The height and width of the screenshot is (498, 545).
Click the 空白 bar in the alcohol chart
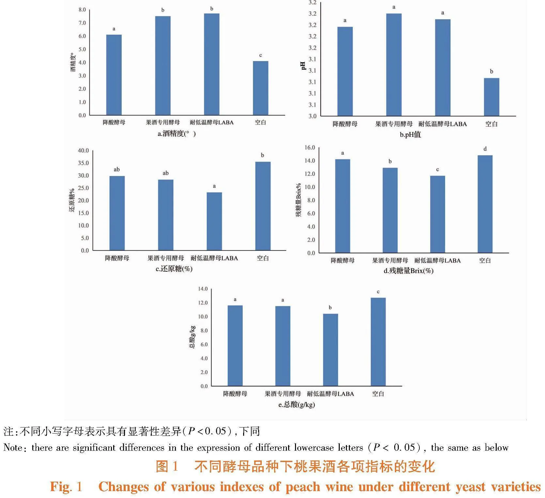(x=260, y=88)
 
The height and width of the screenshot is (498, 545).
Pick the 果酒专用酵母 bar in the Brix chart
(x=390, y=210)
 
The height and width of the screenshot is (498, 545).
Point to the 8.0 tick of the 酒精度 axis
(x=82, y=10)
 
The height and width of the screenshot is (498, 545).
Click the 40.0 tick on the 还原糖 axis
(x=83, y=151)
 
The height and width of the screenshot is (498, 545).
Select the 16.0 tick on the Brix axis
(x=310, y=148)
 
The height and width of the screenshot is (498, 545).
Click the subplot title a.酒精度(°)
(x=177, y=134)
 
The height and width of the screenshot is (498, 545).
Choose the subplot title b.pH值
(x=410, y=135)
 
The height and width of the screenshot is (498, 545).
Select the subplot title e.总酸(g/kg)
(x=296, y=405)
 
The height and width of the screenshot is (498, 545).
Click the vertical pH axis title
(x=303, y=66)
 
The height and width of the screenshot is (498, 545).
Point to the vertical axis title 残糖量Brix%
(x=298, y=200)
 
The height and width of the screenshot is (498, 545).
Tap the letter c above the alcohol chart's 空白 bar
(x=260, y=55)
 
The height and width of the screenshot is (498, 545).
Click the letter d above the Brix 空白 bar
(x=485, y=149)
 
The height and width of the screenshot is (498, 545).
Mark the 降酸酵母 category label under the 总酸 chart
(x=235, y=394)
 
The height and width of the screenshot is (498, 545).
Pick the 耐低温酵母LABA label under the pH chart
(x=443, y=124)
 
